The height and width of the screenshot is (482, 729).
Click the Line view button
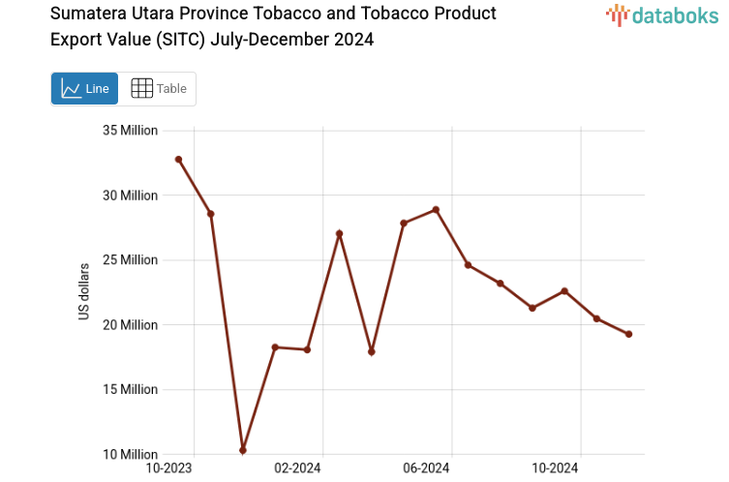coord(84,89)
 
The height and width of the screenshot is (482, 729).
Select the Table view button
coord(158,89)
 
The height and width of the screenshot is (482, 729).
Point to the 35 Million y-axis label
coord(131,131)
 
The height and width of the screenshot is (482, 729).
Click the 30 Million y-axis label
coord(131,196)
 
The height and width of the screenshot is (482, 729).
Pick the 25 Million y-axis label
coord(131,260)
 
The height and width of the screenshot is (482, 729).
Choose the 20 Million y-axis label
coord(131,325)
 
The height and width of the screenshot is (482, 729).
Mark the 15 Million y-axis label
coord(131,390)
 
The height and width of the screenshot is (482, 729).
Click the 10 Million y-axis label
coord(131,455)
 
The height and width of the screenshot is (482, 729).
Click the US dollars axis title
coord(84,292)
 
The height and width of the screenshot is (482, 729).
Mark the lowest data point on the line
coord(243,450)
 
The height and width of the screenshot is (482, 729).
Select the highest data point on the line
coord(178,159)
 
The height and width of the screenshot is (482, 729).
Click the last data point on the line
coord(628,334)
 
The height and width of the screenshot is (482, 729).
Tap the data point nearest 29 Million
coord(436,209)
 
